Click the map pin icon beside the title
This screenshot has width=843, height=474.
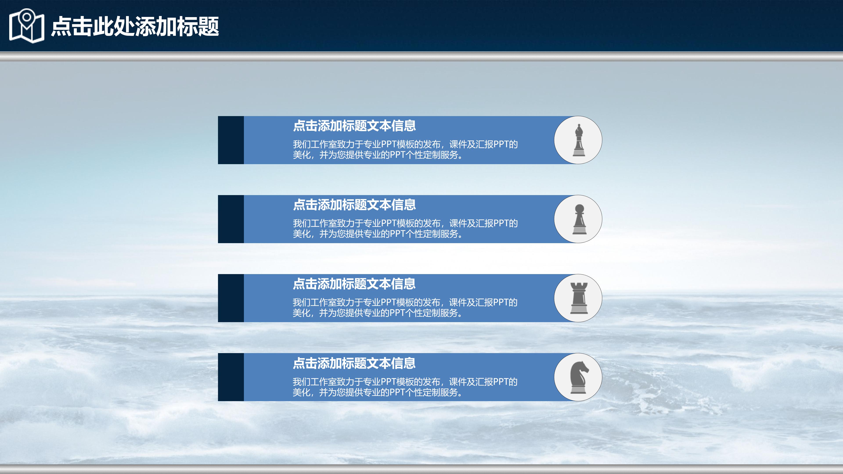coord(27,25)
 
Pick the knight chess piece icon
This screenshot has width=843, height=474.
coord(579,377)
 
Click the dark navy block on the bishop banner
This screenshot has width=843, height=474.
coord(231,140)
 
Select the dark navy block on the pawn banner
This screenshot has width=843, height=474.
coord(231,219)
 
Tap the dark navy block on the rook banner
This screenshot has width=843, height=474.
coord(231,298)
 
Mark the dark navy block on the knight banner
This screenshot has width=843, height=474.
coord(231,377)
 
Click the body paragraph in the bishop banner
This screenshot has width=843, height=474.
coord(405,149)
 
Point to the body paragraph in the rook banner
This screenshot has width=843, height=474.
coord(405,307)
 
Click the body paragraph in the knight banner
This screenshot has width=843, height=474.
coord(405,387)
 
